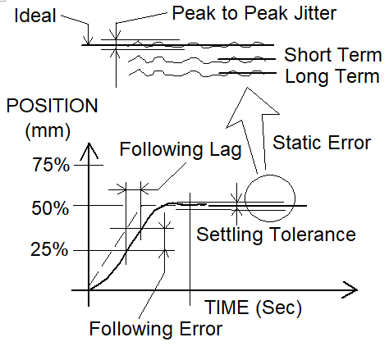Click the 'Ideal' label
(35, 16)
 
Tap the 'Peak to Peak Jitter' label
(254, 13)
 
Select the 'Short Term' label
(333, 55)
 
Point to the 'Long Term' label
(332, 76)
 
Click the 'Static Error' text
(322, 143)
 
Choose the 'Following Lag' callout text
(181, 150)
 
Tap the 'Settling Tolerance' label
(276, 235)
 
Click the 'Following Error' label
(156, 329)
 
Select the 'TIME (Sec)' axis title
(253, 308)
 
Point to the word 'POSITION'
(52, 106)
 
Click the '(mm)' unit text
(48, 130)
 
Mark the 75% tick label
(51, 165)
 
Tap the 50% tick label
(50, 208)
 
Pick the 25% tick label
(49, 249)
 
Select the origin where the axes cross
(89, 290)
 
